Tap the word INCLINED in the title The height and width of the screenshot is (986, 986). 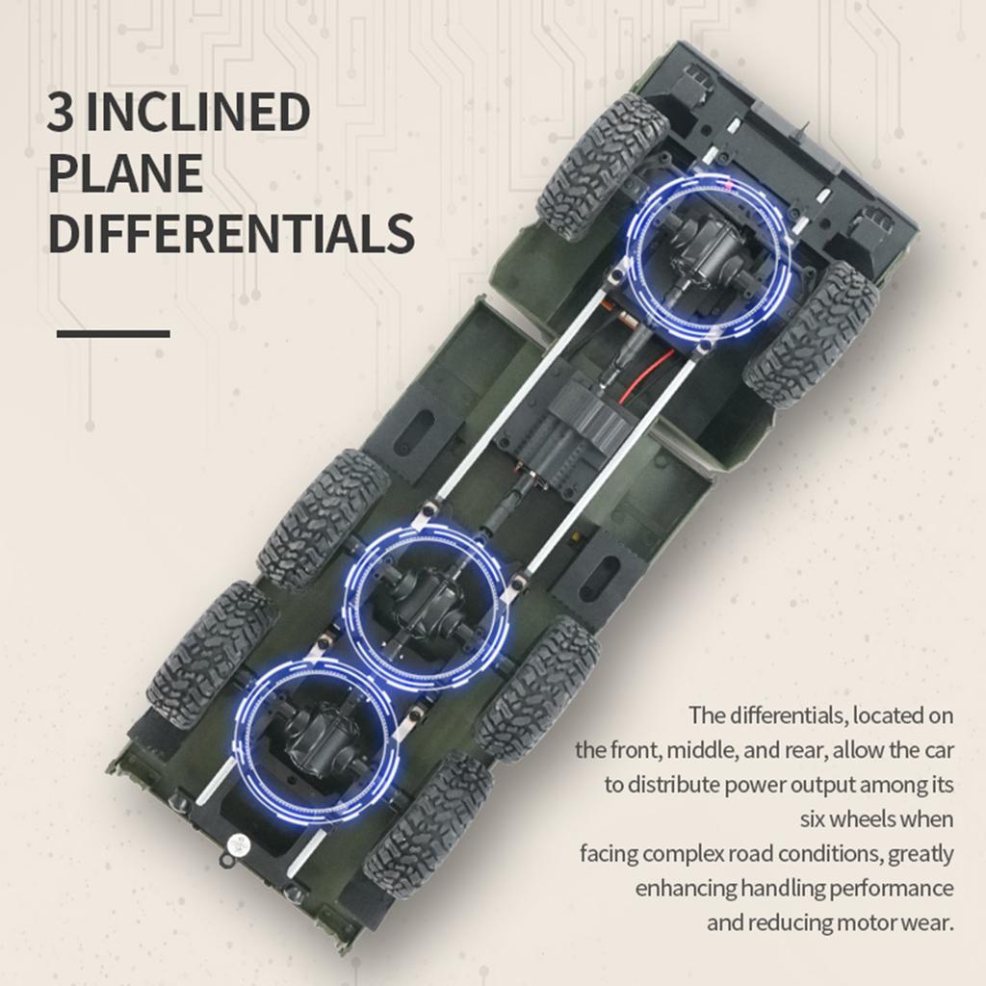click(x=195, y=113)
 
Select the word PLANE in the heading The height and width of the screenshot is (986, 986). click(x=125, y=173)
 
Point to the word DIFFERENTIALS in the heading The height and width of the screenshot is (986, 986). click(x=231, y=234)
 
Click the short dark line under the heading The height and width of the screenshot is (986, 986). click(x=113, y=334)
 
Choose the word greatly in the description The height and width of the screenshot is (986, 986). click(x=921, y=854)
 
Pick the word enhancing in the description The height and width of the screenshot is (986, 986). click(x=685, y=888)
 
